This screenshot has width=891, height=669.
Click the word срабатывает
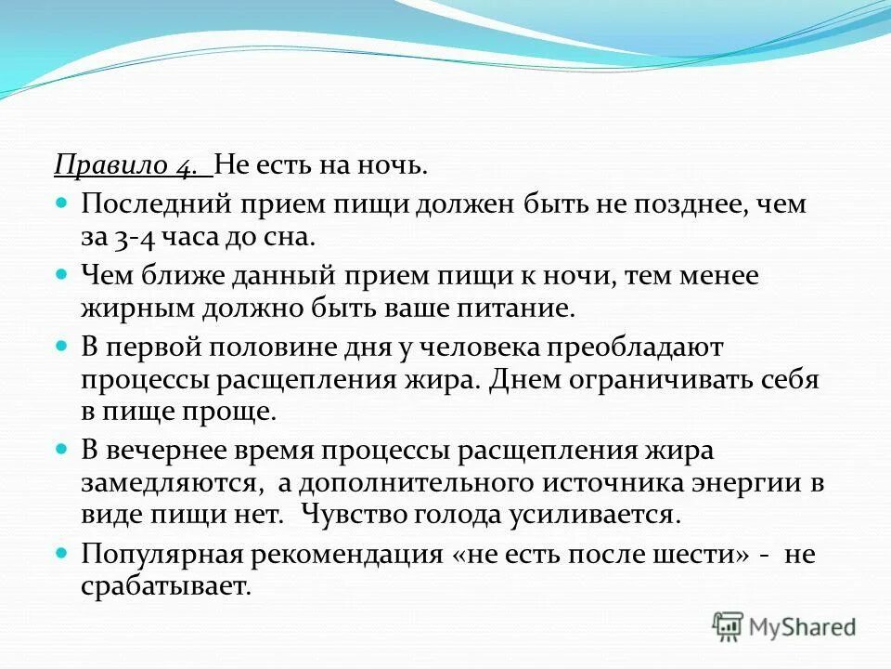point(165,587)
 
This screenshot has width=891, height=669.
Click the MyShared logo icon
point(729,626)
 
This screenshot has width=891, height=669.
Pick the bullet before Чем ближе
point(62,274)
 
